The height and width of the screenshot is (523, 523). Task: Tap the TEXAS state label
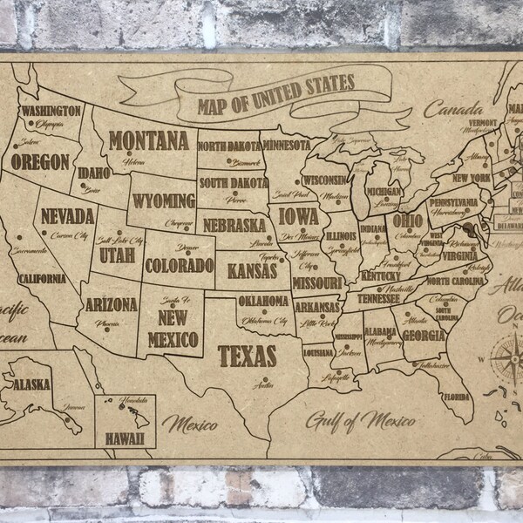(247, 355)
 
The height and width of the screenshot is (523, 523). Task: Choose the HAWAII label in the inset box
(125, 431)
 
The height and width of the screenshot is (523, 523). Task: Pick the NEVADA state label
(62, 215)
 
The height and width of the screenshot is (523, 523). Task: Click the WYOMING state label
(163, 200)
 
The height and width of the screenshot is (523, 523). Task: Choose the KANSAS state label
(253, 272)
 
